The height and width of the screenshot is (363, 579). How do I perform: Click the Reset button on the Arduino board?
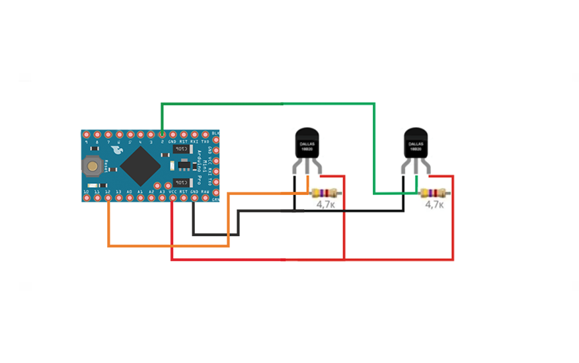tap(96, 166)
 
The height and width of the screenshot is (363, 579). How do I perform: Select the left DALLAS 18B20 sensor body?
tap(307, 144)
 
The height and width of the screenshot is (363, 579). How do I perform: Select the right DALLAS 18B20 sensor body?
tap(416, 144)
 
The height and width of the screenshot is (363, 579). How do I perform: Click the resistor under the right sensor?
tap(435, 193)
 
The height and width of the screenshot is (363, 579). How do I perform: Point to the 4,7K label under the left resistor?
tap(325, 206)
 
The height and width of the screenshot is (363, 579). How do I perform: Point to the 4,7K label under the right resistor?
tap(434, 206)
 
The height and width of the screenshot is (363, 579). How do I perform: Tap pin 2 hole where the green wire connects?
tap(162, 135)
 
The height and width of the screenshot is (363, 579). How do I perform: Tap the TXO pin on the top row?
tap(204, 135)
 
